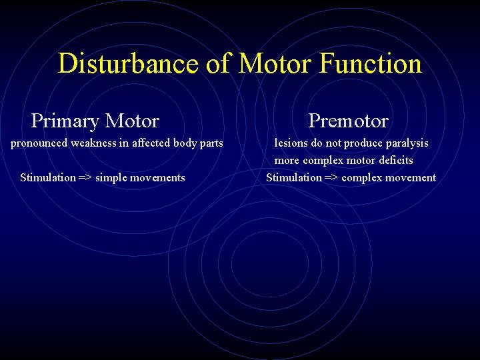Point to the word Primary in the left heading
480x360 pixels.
pyautogui.click(x=64, y=121)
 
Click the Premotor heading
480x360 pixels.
pyautogui.click(x=348, y=121)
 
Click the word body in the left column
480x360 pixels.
pyautogui.click(x=187, y=143)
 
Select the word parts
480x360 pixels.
pyautogui.click(x=212, y=143)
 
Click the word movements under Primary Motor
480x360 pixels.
pyautogui.click(x=159, y=177)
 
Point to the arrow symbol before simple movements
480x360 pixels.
pyautogui.click(x=85, y=177)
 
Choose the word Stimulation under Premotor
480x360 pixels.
pyautogui.click(x=293, y=177)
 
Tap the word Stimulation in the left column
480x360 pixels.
pyautogui.click(x=47, y=177)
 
